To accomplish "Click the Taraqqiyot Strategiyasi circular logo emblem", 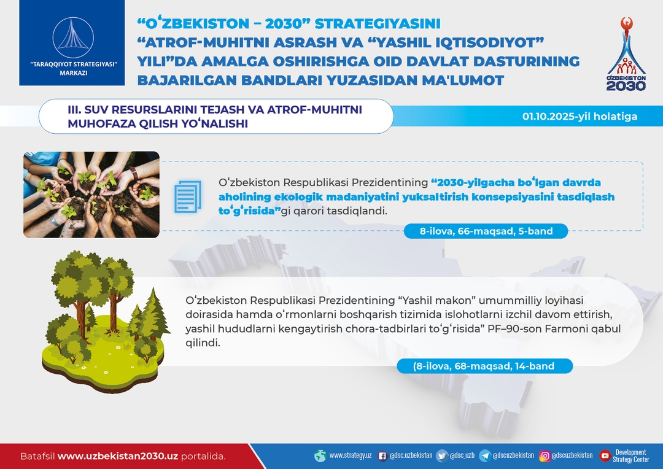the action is pyautogui.click(x=72, y=38).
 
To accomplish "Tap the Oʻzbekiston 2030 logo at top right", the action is pyautogui.click(x=626, y=53).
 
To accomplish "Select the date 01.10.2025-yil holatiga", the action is pyautogui.click(x=580, y=116).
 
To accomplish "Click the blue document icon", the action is pyautogui.click(x=188, y=196).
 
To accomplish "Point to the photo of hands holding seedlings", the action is pyautogui.click(x=91, y=195).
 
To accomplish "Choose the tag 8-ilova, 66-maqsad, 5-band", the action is pyautogui.click(x=486, y=231).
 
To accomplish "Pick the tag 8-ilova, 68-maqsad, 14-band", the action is pyautogui.click(x=484, y=366).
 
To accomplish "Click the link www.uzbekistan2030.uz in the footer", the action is pyautogui.click(x=117, y=456).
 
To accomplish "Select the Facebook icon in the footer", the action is pyautogui.click(x=382, y=456).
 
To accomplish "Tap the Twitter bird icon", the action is pyautogui.click(x=442, y=455).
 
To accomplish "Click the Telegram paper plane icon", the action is pyautogui.click(x=484, y=455).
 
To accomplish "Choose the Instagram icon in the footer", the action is pyautogui.click(x=545, y=456).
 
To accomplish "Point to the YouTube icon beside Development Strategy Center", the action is pyautogui.click(x=605, y=455).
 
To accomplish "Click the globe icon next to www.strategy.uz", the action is pyautogui.click(x=320, y=455).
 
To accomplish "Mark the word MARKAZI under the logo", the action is pyautogui.click(x=74, y=72).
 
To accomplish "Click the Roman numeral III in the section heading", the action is pyautogui.click(x=74, y=109).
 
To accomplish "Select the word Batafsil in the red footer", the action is pyautogui.click(x=37, y=456).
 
